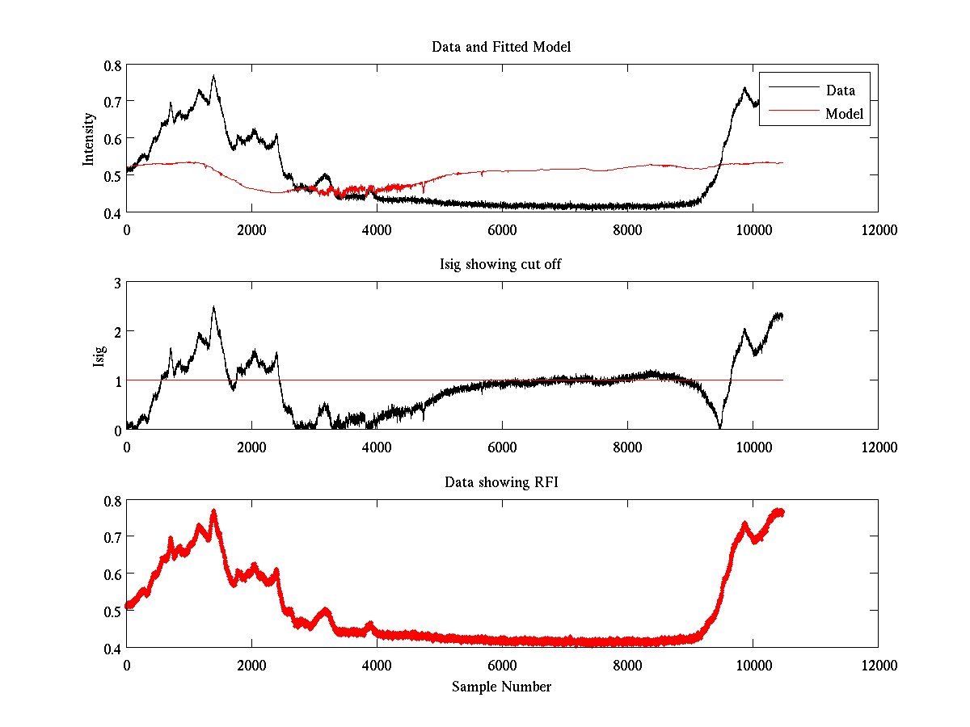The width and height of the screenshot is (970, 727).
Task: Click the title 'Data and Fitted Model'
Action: pyautogui.click(x=501, y=47)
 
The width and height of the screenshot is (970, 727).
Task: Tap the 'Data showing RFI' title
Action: pyautogui.click(x=501, y=483)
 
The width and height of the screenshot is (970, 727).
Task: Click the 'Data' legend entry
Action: pyautogui.click(x=840, y=90)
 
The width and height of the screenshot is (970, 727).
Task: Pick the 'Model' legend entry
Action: pyautogui.click(x=845, y=114)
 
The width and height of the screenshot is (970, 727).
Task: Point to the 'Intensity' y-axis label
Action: pyautogui.click(x=89, y=138)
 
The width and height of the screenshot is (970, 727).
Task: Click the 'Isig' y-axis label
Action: pyautogui.click(x=99, y=356)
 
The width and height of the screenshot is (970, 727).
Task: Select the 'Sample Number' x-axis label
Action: pyautogui.click(x=501, y=687)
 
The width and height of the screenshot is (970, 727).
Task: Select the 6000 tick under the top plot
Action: pyautogui.click(x=502, y=229)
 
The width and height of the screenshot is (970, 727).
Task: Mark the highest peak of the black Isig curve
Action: pyautogui.click(x=213, y=307)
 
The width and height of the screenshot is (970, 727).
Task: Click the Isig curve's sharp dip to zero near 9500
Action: pyautogui.click(x=720, y=427)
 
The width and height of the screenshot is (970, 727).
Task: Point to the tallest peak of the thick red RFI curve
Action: pyautogui.click(x=213, y=511)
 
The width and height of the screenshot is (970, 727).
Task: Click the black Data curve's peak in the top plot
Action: pyautogui.click(x=213, y=76)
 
